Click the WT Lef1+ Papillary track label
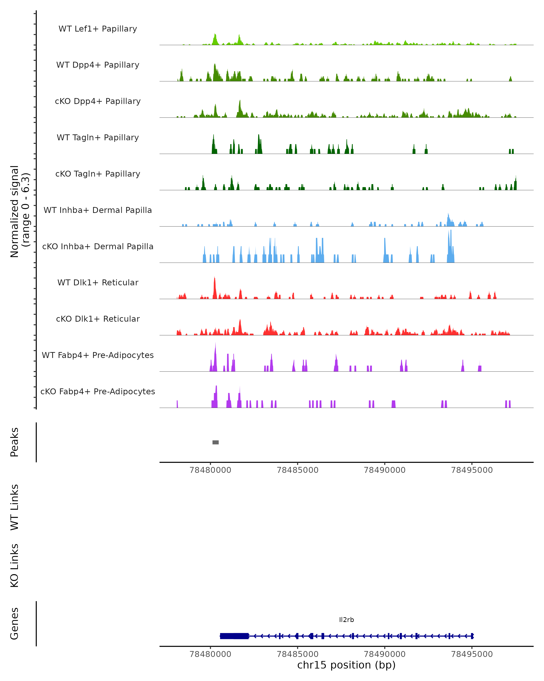point(98,29)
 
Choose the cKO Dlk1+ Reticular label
point(98,319)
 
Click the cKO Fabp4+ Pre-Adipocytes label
point(98,391)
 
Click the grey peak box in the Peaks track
point(215,442)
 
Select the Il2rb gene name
point(346,620)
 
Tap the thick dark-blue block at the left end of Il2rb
point(234,636)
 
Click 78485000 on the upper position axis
point(297,470)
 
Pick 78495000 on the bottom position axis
point(472,654)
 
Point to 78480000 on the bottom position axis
point(210,654)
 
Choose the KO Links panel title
point(15,565)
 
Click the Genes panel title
point(15,624)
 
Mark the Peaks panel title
point(15,442)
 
